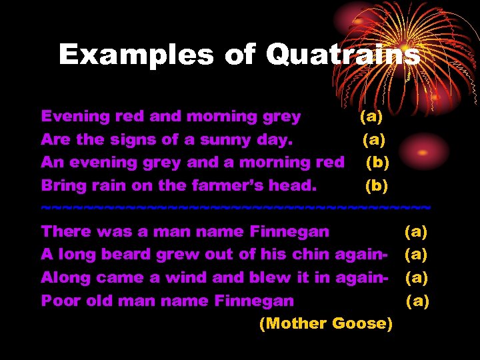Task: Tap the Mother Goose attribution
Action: pyautogui.click(x=325, y=323)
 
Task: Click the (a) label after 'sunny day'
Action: pyautogui.click(x=373, y=139)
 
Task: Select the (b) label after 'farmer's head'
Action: pyautogui.click(x=377, y=185)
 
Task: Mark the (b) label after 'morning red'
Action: pyautogui.click(x=377, y=162)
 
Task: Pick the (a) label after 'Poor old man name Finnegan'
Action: pyautogui.click(x=418, y=301)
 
